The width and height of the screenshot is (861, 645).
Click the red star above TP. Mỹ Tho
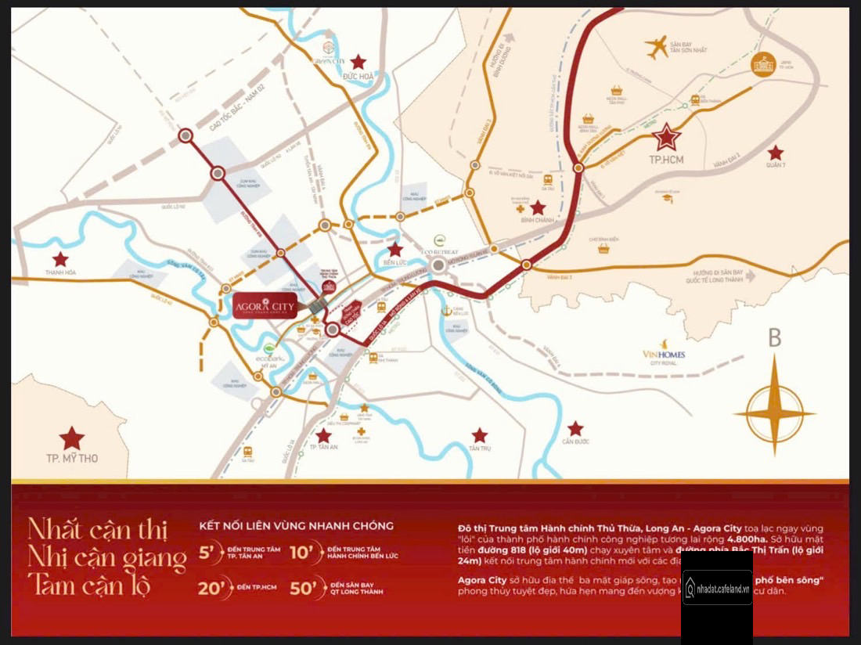click(x=72, y=438)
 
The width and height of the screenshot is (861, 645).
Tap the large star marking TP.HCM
click(x=667, y=139)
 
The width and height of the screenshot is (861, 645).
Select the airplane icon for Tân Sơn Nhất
click(x=657, y=46)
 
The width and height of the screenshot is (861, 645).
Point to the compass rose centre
click(x=775, y=413)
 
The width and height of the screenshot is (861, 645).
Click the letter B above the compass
click(x=775, y=338)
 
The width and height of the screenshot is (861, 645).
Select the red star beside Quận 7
click(x=775, y=153)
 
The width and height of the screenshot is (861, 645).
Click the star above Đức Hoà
click(x=358, y=62)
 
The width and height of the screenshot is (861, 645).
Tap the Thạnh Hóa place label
click(x=60, y=273)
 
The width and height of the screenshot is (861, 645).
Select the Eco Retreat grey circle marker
click(x=439, y=265)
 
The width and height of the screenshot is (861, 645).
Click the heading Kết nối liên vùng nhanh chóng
click(x=296, y=526)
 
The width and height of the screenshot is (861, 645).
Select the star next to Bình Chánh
click(x=538, y=207)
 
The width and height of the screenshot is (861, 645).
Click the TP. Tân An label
click(x=323, y=448)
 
